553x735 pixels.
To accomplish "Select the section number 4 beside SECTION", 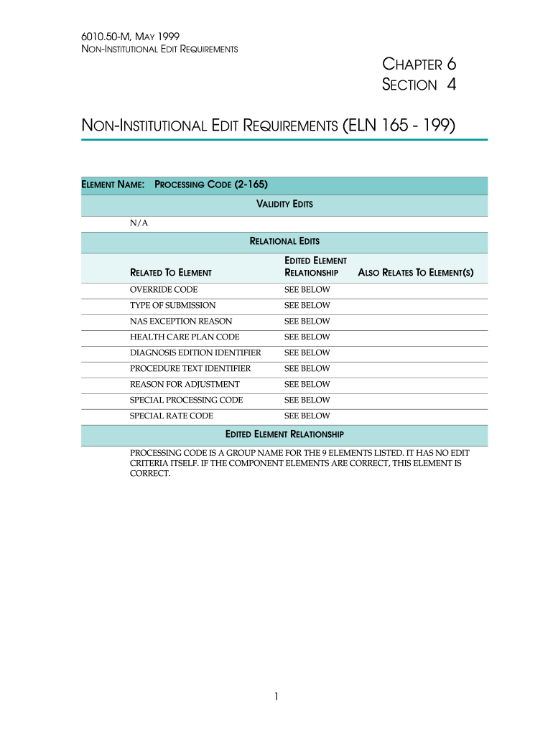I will tap(451, 85).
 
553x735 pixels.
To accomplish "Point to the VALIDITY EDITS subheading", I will tap(284, 205).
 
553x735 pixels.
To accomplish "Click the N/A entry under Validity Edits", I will tap(139, 223).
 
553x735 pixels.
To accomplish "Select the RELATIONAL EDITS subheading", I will tap(284, 241).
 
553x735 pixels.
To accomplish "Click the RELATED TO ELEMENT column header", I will tap(170, 273).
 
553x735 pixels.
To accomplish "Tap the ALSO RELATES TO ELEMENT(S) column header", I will tap(415, 273).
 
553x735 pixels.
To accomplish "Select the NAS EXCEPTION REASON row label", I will tap(180, 322).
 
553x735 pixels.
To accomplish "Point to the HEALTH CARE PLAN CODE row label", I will tap(185, 337).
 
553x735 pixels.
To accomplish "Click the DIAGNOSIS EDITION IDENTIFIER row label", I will tap(195, 353).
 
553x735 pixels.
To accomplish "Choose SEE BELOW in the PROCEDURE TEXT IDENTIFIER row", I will tap(307, 369).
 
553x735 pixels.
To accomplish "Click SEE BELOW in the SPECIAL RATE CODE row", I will tap(307, 416).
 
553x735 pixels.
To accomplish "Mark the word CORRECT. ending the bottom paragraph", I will tap(150, 474).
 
